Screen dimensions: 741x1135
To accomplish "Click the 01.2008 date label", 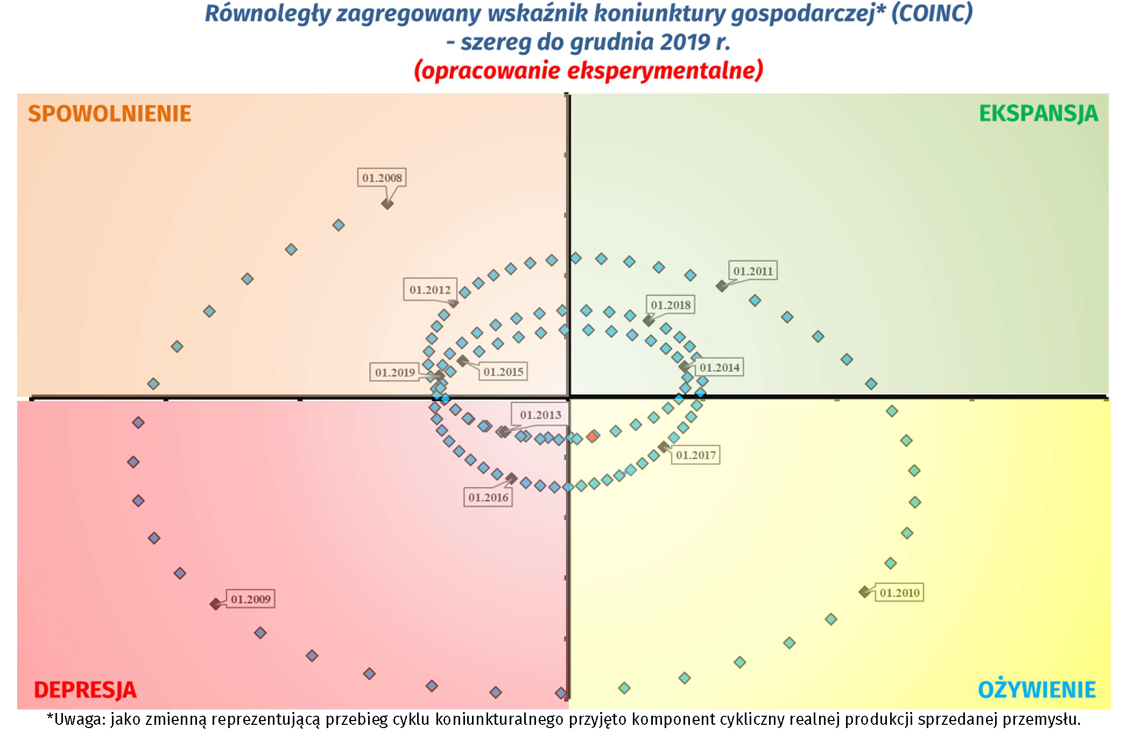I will click(x=382, y=178).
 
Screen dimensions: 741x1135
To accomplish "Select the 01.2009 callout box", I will click(x=250, y=599).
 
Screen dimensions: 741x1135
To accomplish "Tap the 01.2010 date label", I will click(x=899, y=592).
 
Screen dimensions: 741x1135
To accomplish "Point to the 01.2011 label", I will click(x=752, y=271).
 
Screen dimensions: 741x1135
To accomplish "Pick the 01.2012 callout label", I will click(x=430, y=290).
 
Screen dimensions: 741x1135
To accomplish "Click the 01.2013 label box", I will click(x=540, y=415).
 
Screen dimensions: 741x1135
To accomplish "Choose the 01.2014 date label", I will click(x=719, y=368).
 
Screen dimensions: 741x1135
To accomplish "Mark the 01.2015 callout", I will click(x=503, y=372).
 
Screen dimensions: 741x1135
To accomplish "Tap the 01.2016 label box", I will click(x=488, y=497).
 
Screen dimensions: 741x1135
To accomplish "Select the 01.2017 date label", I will click(x=696, y=455).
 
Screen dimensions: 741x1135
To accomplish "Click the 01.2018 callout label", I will click(x=671, y=305).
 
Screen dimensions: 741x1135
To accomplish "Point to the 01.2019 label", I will click(x=395, y=372).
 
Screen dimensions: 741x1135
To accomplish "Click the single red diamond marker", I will click(x=593, y=436).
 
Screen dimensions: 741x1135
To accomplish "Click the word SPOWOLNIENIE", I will click(x=110, y=114).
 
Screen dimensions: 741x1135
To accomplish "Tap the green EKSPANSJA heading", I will click(x=1038, y=114).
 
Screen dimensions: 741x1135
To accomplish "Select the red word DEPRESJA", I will click(x=85, y=690).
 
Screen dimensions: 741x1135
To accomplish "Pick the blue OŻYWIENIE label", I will click(x=1037, y=690).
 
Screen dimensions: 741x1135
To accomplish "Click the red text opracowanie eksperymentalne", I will click(x=588, y=70).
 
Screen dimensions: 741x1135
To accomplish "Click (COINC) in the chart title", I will click(x=932, y=13).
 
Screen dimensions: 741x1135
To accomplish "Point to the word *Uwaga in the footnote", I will click(x=75, y=719).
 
